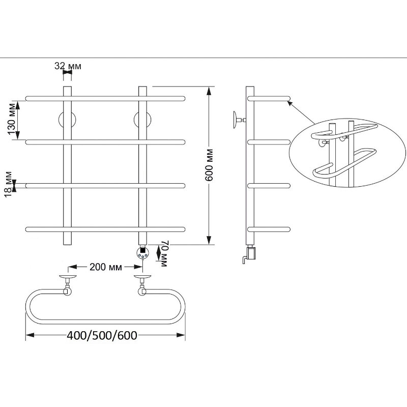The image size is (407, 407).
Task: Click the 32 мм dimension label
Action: click(68, 66)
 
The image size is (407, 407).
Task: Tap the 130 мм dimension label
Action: click(12, 119)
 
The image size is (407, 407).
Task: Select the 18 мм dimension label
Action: click(8, 184)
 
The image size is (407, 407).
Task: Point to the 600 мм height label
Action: click(209, 165)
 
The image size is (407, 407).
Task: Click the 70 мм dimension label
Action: click(165, 253)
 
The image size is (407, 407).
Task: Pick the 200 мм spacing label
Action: click(106, 267)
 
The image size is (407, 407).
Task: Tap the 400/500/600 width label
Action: click(102, 335)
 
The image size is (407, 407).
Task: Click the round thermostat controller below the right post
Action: click(143, 253)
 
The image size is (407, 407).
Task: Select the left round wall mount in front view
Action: click(67, 120)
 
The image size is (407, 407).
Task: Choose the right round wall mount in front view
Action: click(142, 120)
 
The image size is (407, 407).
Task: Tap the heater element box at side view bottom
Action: click(251, 253)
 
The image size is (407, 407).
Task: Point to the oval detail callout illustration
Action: click(347, 152)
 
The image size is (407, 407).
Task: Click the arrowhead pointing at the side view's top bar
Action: click(290, 104)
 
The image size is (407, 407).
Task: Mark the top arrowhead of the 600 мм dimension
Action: click(209, 91)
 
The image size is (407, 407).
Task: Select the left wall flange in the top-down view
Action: click(68, 277)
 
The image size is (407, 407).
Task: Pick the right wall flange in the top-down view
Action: click(142, 277)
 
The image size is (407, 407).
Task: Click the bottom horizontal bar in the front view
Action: click(105, 229)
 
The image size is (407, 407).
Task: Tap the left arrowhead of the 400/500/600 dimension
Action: click(30, 335)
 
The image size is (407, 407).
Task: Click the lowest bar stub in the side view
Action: click(269, 229)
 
